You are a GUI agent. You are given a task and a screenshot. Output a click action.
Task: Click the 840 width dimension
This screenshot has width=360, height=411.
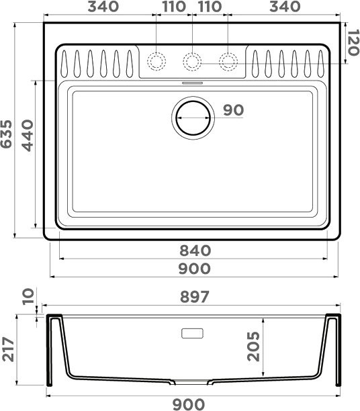[195, 250]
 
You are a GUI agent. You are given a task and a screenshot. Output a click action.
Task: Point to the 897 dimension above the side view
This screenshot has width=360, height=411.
[195, 296]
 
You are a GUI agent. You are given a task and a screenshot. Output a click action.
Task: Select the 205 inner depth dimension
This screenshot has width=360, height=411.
[253, 347]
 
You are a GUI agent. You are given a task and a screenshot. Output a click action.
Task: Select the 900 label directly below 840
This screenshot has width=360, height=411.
[195, 269]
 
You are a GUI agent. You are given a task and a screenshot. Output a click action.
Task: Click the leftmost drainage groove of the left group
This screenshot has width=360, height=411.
[64, 64]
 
